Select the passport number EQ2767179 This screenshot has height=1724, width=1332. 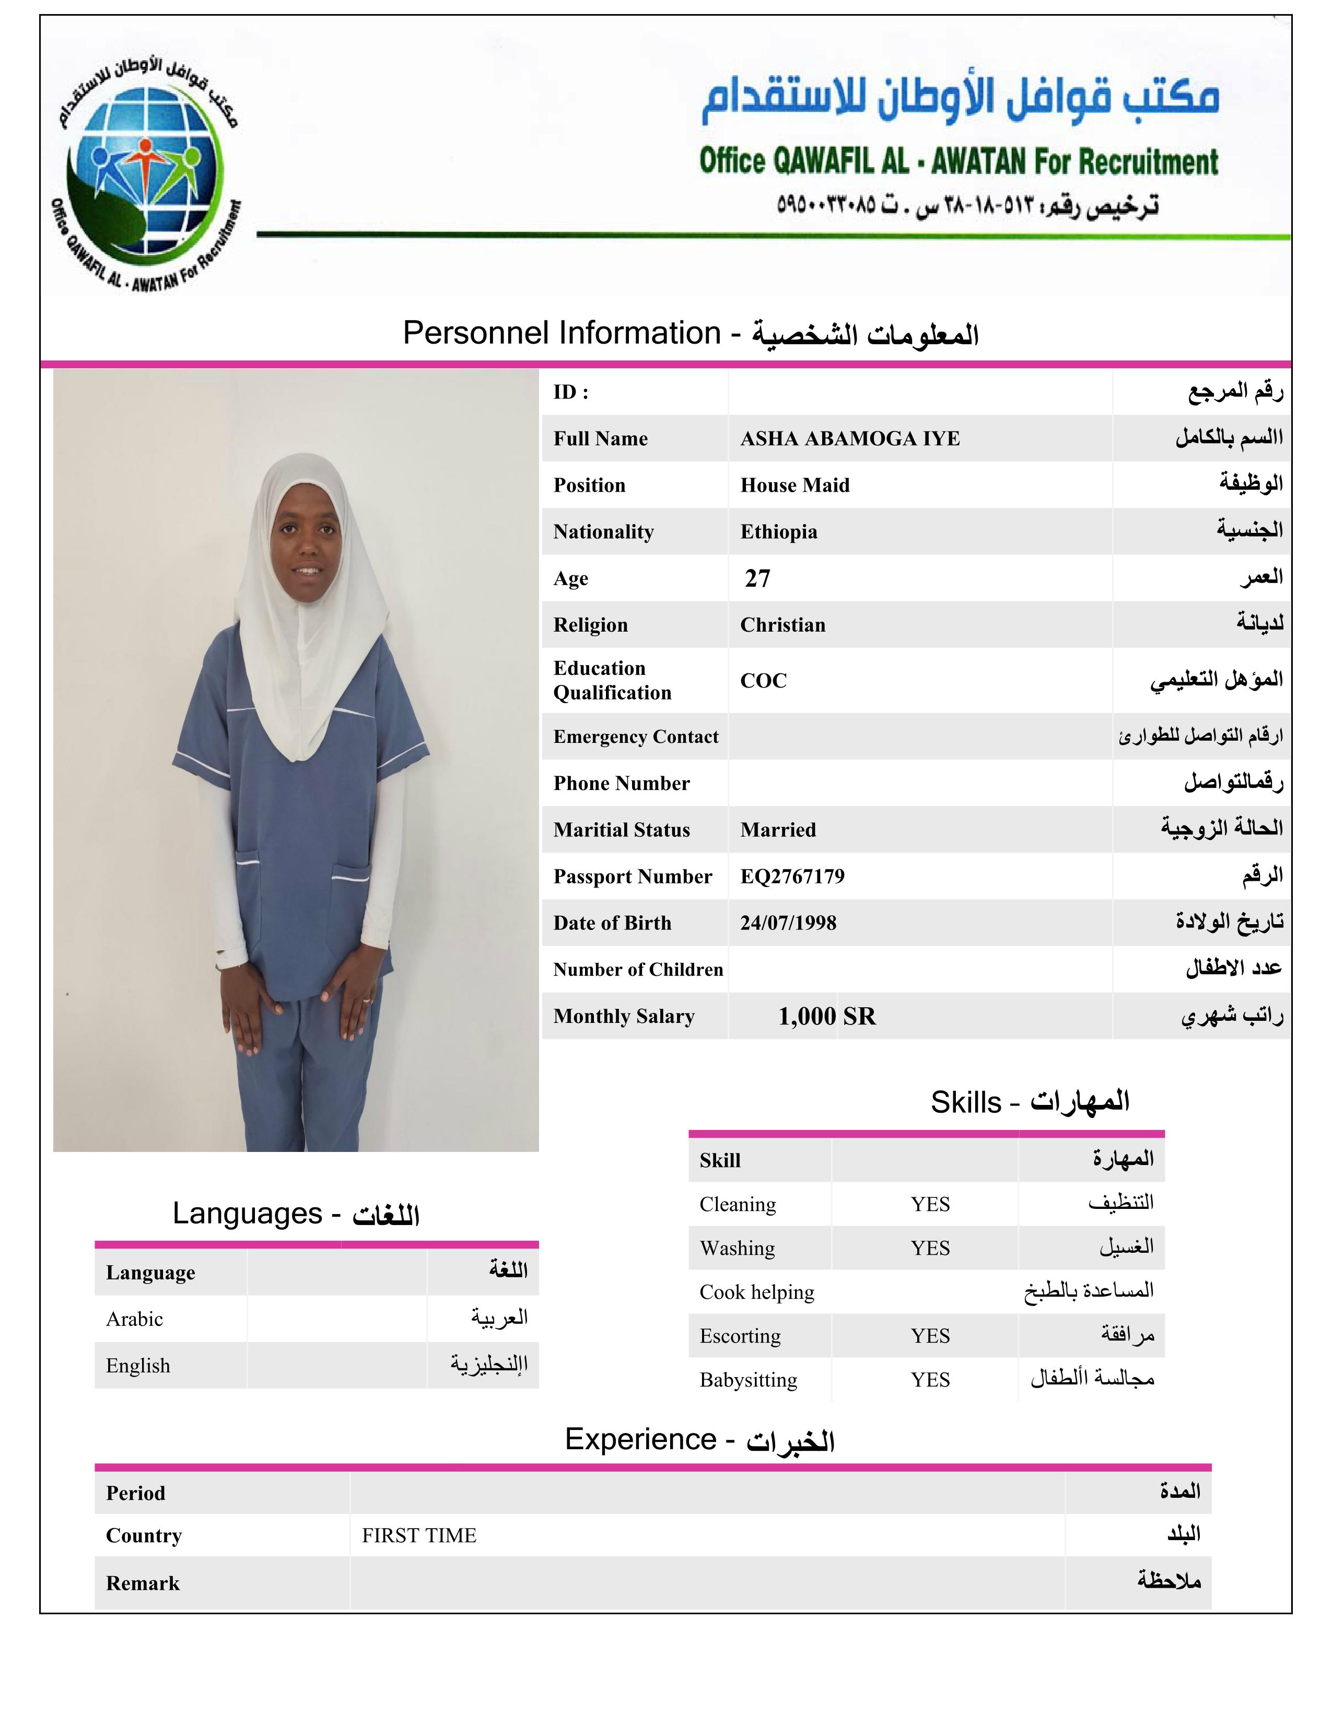click(792, 876)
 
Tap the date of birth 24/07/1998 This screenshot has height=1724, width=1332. click(788, 923)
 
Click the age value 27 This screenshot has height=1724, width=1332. click(757, 579)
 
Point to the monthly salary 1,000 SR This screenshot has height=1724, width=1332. click(826, 1016)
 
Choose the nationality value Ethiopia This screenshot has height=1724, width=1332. click(778, 532)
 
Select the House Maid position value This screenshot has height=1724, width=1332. click(794, 485)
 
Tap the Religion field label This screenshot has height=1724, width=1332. click(590, 625)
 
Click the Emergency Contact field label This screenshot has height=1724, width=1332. click(635, 737)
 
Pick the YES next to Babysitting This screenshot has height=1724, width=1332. click(930, 1380)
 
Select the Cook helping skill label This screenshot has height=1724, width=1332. click(756, 1292)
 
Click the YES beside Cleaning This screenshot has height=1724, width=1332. click(930, 1205)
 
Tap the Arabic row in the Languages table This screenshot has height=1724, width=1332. click(135, 1319)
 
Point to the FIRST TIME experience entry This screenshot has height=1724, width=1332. click(419, 1535)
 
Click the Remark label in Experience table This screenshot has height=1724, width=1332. click(143, 1583)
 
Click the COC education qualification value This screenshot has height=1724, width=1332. click(763, 680)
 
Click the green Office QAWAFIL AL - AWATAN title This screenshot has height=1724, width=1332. click(958, 161)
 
